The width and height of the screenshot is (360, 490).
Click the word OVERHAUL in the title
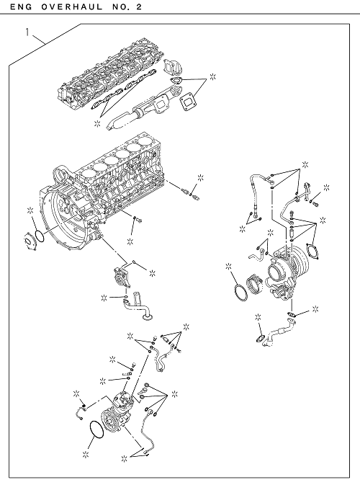[71, 6]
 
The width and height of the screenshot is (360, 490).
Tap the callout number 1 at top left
[28, 32]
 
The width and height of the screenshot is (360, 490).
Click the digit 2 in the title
[139, 6]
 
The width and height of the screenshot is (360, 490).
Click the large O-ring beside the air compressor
[96, 430]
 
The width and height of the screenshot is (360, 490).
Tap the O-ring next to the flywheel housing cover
[40, 236]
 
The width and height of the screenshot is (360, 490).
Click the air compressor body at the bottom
[116, 412]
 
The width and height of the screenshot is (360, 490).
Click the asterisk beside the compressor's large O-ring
[86, 455]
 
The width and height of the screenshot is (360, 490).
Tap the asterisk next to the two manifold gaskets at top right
[213, 77]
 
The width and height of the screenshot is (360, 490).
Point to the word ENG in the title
[21, 6]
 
